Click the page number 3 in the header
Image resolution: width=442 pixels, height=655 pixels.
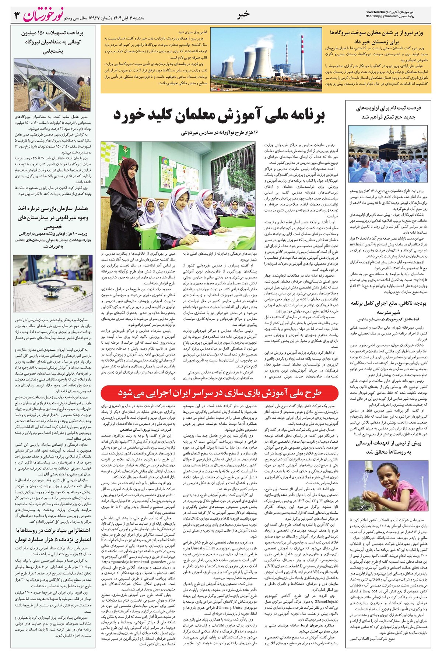17,15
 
